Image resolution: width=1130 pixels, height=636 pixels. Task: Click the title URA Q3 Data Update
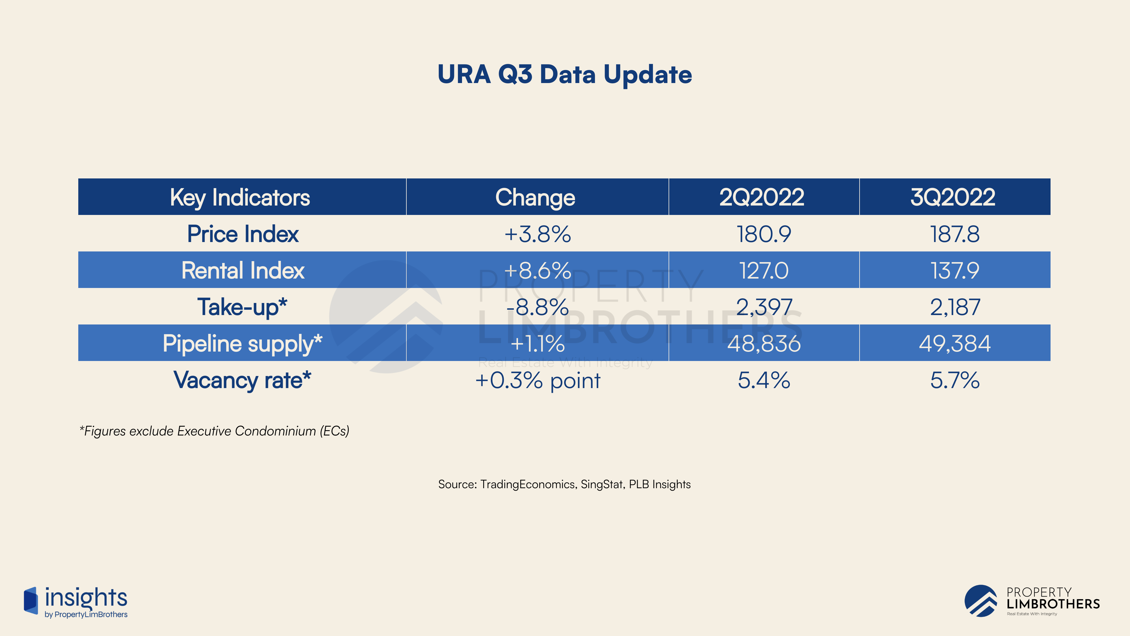pos(565,74)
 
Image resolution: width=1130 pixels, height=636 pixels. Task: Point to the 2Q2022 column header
pos(762,197)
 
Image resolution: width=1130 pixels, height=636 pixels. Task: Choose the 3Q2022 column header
pos(953,197)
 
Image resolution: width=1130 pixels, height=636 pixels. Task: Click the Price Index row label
pos(242,234)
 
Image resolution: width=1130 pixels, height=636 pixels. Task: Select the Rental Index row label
pos(242,270)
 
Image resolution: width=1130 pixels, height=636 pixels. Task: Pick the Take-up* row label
pos(242,307)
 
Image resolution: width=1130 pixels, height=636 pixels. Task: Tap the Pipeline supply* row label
pos(242,344)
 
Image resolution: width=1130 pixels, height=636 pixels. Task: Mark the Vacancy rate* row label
pos(242,380)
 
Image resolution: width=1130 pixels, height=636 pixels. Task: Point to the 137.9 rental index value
pos(955,270)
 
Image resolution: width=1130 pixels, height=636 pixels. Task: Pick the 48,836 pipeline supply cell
pos(764,344)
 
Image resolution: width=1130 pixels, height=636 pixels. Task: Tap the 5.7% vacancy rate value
pos(955,380)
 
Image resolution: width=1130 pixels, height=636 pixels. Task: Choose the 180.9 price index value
pos(764,234)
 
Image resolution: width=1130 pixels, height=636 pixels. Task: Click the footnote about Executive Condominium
pos(214,431)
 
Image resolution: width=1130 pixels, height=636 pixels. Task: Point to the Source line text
pos(565,484)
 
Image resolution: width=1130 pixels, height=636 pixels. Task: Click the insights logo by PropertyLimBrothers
pos(75,602)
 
